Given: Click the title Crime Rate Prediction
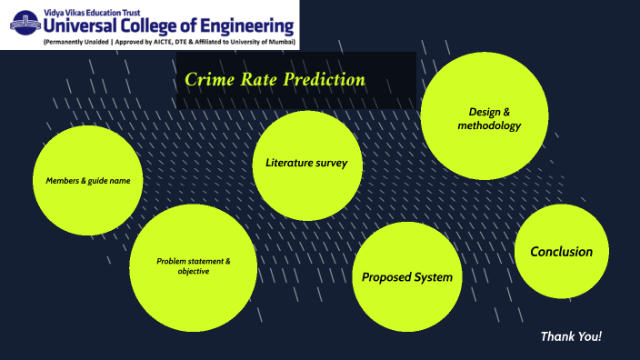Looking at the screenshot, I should pos(275,79).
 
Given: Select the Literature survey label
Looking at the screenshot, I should pos(307,163).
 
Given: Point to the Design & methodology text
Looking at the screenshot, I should pos(489,118).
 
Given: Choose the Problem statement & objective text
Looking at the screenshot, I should pos(194,266).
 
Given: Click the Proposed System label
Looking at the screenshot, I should pos(406,276).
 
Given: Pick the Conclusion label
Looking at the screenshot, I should pos(561,252).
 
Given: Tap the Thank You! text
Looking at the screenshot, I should pos(571,336).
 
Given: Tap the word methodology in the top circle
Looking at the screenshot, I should pos(489,125).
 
